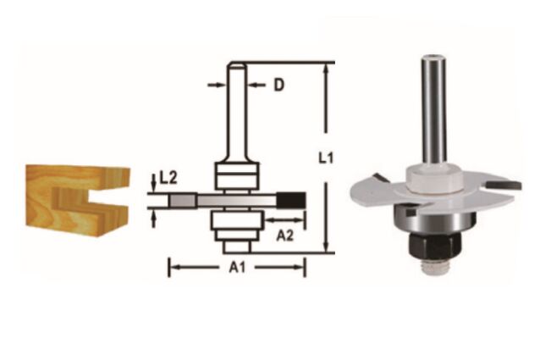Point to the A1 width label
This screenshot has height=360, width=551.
(x=237, y=269)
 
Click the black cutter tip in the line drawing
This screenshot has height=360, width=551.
(x=294, y=199)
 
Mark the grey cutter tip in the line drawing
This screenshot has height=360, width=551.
(x=180, y=200)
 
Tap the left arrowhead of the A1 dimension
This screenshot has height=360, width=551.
(x=174, y=269)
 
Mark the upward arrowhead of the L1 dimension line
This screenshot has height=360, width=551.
(x=323, y=67)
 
